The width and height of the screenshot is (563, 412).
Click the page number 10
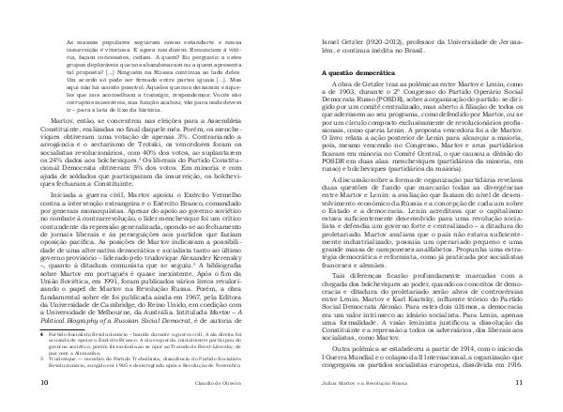click(33, 383)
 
